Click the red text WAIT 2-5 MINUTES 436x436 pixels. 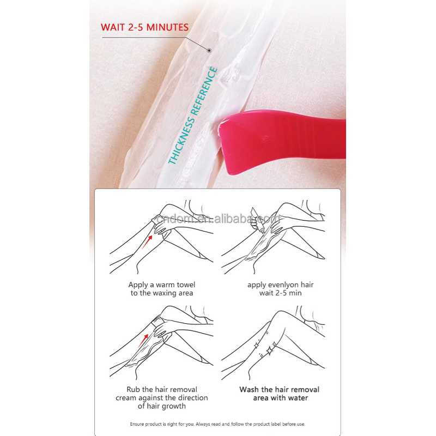(x=144, y=27)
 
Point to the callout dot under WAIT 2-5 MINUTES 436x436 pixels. (x=209, y=50)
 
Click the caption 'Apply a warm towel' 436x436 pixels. (x=162, y=284)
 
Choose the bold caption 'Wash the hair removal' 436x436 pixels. (x=280, y=389)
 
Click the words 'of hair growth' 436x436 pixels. (x=162, y=406)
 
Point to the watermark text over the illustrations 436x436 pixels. (x=218, y=219)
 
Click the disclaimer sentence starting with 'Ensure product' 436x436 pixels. (x=218, y=424)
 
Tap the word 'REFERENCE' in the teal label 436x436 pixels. (x=201, y=98)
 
